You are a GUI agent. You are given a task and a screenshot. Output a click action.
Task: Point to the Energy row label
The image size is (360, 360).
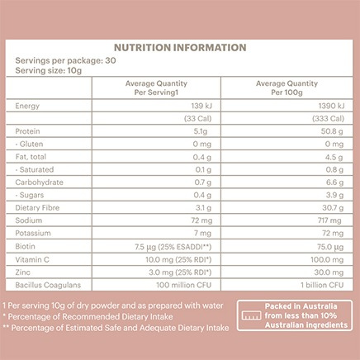click(x=27, y=107)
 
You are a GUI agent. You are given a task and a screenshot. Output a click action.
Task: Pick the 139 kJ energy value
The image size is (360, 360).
click(x=197, y=107)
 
